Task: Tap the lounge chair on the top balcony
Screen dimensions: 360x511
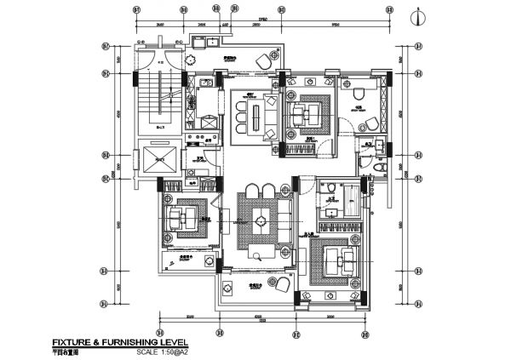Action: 263,63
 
